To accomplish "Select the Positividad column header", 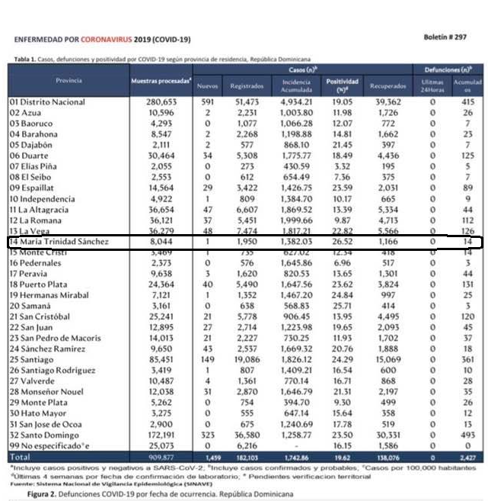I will tap(342, 83).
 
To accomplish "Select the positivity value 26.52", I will tap(342, 242).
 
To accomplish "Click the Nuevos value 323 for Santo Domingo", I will tap(207, 435).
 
